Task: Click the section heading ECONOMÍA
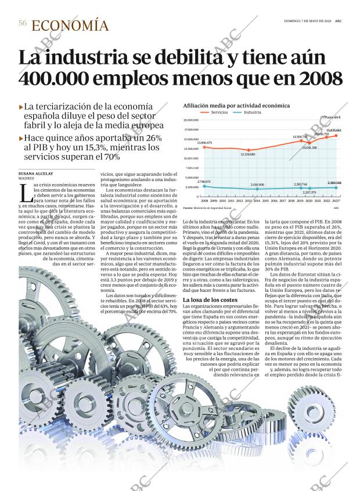coord(70,25)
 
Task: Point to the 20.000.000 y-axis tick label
coord(192,120)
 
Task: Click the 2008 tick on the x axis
coord(204,200)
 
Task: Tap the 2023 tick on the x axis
coord(336,200)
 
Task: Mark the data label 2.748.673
coord(204,182)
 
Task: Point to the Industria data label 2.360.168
coord(334,183)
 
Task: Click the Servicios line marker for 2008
coord(204,147)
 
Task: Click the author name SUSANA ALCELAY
coord(35,174)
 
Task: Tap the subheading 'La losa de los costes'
coord(209,299)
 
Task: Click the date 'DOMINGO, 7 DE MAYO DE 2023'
coord(307,21)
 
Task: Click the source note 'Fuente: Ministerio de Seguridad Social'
coord(207,207)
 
